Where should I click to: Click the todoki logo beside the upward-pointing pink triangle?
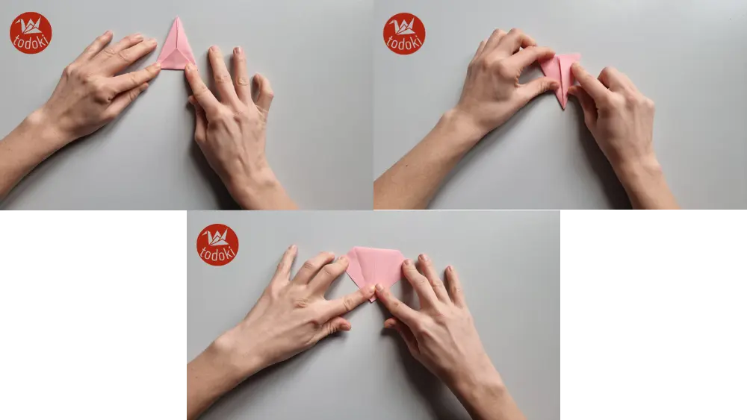click(31, 33)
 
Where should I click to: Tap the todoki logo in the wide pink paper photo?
click(217, 245)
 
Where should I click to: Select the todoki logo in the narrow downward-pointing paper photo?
click(404, 34)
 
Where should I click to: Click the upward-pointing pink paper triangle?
click(176, 48)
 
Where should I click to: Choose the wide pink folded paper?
click(375, 265)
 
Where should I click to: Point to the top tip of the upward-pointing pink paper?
click(177, 19)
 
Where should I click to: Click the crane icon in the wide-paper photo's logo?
click(217, 238)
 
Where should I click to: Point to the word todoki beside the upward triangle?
click(31, 42)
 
